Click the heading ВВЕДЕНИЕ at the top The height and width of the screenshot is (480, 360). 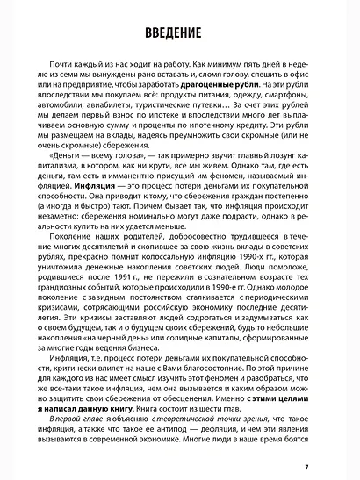coord(179,33)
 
